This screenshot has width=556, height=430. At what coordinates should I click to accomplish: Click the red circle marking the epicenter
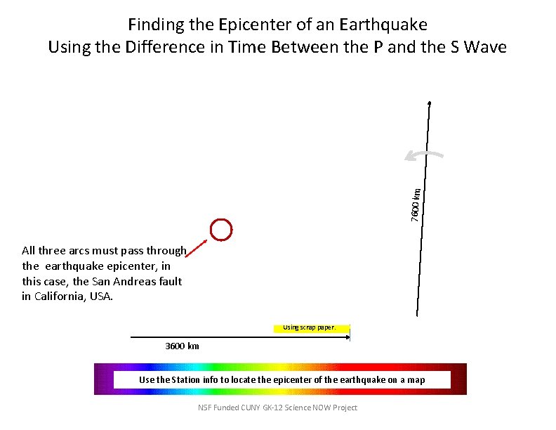[220, 229]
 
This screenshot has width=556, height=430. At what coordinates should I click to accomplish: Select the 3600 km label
[182, 346]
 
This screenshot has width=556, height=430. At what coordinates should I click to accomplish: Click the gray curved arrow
[425, 155]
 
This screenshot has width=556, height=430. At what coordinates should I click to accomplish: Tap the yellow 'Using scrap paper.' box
[310, 327]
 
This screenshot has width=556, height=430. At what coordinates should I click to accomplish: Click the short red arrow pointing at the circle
[198, 249]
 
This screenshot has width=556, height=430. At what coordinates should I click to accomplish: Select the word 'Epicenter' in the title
[255, 25]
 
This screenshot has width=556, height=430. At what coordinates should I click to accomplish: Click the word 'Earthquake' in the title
[383, 25]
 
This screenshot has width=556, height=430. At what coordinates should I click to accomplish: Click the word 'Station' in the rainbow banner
[185, 380]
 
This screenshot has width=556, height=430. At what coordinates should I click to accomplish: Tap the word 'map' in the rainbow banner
[416, 380]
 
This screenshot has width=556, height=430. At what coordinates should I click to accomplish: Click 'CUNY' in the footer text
[258, 408]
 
